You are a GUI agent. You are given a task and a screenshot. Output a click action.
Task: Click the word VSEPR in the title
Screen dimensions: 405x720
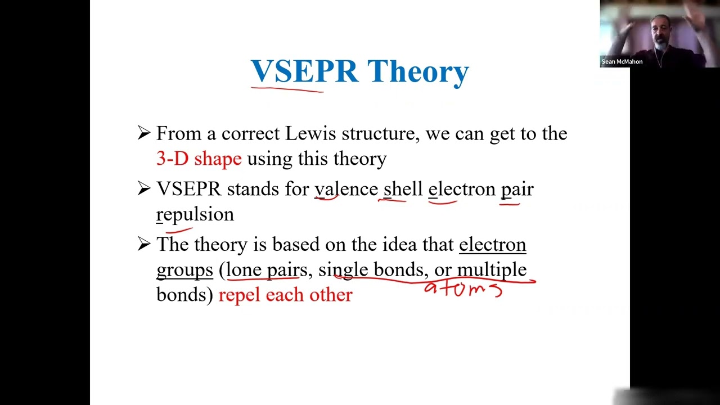pyautogui.click(x=304, y=71)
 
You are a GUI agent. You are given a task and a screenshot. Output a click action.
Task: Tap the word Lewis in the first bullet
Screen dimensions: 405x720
pyautogui.click(x=310, y=133)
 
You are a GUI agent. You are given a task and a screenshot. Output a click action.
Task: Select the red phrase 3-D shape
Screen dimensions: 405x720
pyautogui.click(x=199, y=159)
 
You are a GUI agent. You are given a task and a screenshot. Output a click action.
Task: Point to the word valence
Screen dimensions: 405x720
pyautogui.click(x=346, y=189)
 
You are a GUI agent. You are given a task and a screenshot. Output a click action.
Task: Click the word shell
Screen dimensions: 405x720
pyautogui.click(x=403, y=189)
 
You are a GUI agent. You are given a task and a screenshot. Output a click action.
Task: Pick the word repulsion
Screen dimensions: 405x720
pyautogui.click(x=195, y=214)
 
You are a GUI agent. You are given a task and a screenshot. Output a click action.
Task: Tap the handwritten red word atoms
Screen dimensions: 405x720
pyautogui.click(x=462, y=289)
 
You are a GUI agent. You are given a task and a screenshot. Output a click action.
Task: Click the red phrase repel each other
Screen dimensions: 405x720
pyautogui.click(x=285, y=295)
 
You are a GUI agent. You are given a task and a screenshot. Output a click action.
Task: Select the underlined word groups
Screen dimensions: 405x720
pyautogui.click(x=184, y=269)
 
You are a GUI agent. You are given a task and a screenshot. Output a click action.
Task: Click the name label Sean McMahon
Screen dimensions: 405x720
pyautogui.click(x=622, y=62)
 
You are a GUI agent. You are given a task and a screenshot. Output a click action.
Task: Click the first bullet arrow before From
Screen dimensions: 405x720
pyautogui.click(x=143, y=133)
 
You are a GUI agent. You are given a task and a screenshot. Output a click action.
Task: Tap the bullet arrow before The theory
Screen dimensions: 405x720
pyautogui.click(x=143, y=244)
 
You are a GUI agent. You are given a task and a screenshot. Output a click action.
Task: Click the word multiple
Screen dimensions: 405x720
pyautogui.click(x=491, y=269)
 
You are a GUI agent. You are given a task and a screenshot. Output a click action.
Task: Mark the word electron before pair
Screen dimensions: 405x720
pyautogui.click(x=462, y=189)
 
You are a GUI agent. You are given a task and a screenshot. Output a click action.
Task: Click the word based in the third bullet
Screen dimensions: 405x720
pyautogui.click(x=295, y=245)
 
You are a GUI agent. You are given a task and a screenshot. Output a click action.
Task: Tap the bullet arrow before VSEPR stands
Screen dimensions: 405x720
pyautogui.click(x=143, y=189)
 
